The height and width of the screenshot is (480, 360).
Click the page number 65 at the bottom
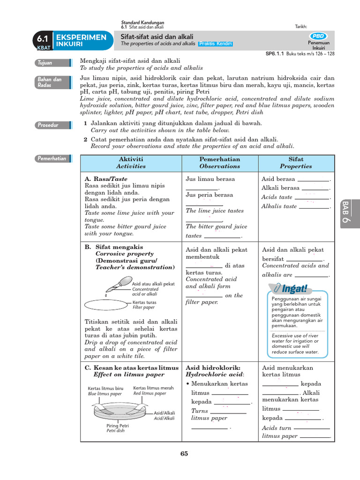click(x=184, y=453)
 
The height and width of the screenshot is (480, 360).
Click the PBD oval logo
click(x=319, y=36)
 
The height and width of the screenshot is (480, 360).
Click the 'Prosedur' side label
click(x=48, y=125)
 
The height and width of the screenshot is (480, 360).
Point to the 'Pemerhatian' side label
click(x=51, y=158)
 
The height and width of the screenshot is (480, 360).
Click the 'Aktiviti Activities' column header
click(x=131, y=163)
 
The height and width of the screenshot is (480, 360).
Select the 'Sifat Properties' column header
click(x=296, y=163)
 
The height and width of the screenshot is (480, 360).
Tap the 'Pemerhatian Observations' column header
click(x=219, y=163)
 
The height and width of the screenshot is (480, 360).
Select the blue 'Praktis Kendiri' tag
click(x=215, y=44)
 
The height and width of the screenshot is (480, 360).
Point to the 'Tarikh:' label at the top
click(x=301, y=27)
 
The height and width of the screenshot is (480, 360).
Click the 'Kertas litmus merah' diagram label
click(x=153, y=388)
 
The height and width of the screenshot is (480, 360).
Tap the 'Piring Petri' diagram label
click(x=117, y=426)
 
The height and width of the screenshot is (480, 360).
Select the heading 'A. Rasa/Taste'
click(x=106, y=179)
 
